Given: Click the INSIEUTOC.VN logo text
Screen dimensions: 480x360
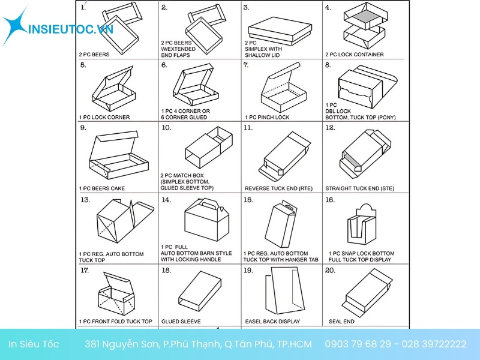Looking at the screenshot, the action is [x=71, y=29].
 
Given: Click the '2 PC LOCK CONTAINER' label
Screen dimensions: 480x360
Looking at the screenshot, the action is [x=354, y=55].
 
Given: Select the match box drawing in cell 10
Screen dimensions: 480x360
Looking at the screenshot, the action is [x=209, y=147].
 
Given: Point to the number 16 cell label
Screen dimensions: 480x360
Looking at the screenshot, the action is [x=330, y=200].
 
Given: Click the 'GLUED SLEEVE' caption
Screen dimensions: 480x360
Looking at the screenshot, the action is [x=181, y=322].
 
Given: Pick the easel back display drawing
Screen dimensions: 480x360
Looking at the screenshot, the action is [x=285, y=290].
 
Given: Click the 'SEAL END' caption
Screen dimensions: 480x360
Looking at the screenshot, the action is [x=341, y=322].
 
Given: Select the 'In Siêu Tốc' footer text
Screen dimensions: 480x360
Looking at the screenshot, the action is [x=34, y=344].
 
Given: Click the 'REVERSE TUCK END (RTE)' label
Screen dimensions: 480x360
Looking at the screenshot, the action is [x=278, y=188].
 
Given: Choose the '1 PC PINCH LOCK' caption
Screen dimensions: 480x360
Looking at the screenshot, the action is [x=267, y=117].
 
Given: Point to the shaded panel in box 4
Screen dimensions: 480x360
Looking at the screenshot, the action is [x=365, y=17].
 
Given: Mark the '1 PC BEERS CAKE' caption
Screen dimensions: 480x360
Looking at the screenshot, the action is [x=102, y=188].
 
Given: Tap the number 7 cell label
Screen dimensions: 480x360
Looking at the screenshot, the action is [x=246, y=65].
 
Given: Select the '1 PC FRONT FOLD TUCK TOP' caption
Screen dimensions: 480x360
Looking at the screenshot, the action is [x=115, y=322].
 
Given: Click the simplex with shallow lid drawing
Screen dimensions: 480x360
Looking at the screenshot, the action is [x=280, y=31].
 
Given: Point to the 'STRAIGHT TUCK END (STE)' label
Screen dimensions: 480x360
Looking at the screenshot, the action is [x=359, y=188].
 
